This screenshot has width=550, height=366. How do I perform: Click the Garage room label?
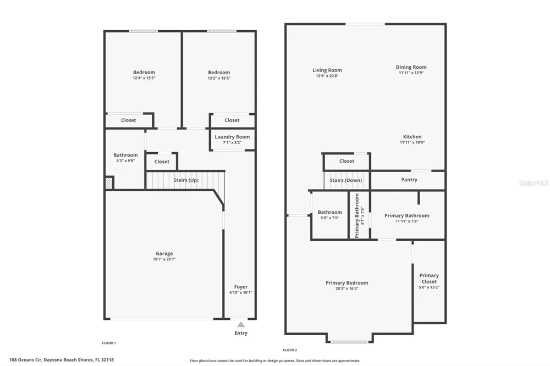(x=164, y=253)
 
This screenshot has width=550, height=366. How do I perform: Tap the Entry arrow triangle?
(x=241, y=325)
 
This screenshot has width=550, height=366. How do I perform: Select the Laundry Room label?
(x=232, y=137)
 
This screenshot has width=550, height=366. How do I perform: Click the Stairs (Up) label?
(x=186, y=180)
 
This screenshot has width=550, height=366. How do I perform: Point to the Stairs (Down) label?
(x=346, y=180)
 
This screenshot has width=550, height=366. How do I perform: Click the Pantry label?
(x=409, y=180)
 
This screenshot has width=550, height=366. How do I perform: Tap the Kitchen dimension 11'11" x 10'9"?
(x=412, y=142)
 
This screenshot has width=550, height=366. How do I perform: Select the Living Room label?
(x=327, y=70)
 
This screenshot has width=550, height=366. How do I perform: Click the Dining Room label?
(x=411, y=67)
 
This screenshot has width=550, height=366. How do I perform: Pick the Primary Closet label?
(x=429, y=279)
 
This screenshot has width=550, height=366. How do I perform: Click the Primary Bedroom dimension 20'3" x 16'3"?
(x=347, y=289)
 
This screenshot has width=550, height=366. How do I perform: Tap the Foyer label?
(x=241, y=287)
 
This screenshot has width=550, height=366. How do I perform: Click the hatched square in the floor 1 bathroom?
(x=109, y=183)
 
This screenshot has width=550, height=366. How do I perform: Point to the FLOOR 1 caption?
(x=109, y=343)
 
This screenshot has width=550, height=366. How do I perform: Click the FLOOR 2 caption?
(x=290, y=350)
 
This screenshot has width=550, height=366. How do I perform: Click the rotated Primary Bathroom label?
(x=357, y=215)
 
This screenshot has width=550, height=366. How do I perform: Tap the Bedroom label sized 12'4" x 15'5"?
(x=144, y=72)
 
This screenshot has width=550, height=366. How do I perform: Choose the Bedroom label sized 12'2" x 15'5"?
(x=219, y=72)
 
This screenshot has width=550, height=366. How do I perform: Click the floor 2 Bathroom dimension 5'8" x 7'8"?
(x=329, y=218)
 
